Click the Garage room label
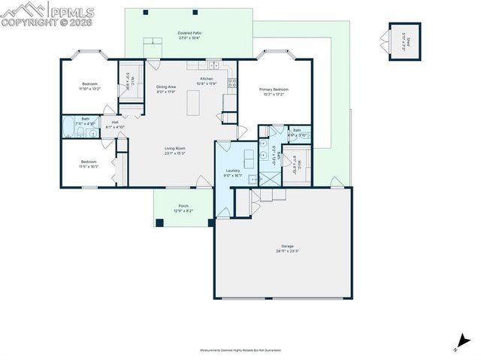(x=286, y=247)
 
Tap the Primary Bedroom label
(x=274, y=89)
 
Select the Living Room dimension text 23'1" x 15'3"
(x=175, y=153)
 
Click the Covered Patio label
(x=189, y=34)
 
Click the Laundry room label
(x=232, y=171)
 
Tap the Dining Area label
(x=166, y=86)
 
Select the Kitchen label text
(x=206, y=79)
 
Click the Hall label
(x=115, y=122)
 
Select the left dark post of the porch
(x=160, y=222)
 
